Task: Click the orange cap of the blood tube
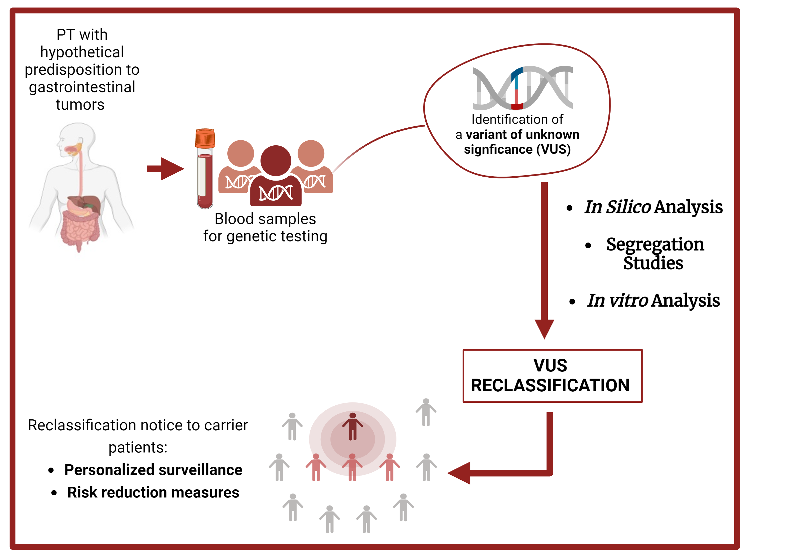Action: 205,138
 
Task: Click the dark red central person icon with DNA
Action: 276,176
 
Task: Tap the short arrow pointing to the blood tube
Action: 166,169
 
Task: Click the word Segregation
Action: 655,244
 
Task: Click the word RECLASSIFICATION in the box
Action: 550,385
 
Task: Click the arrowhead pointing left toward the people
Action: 460,473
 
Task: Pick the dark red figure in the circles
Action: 352,426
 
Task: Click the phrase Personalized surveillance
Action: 153,470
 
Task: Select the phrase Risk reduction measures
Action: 153,492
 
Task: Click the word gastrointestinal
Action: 82,87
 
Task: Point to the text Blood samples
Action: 265,219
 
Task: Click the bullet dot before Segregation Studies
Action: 588,246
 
